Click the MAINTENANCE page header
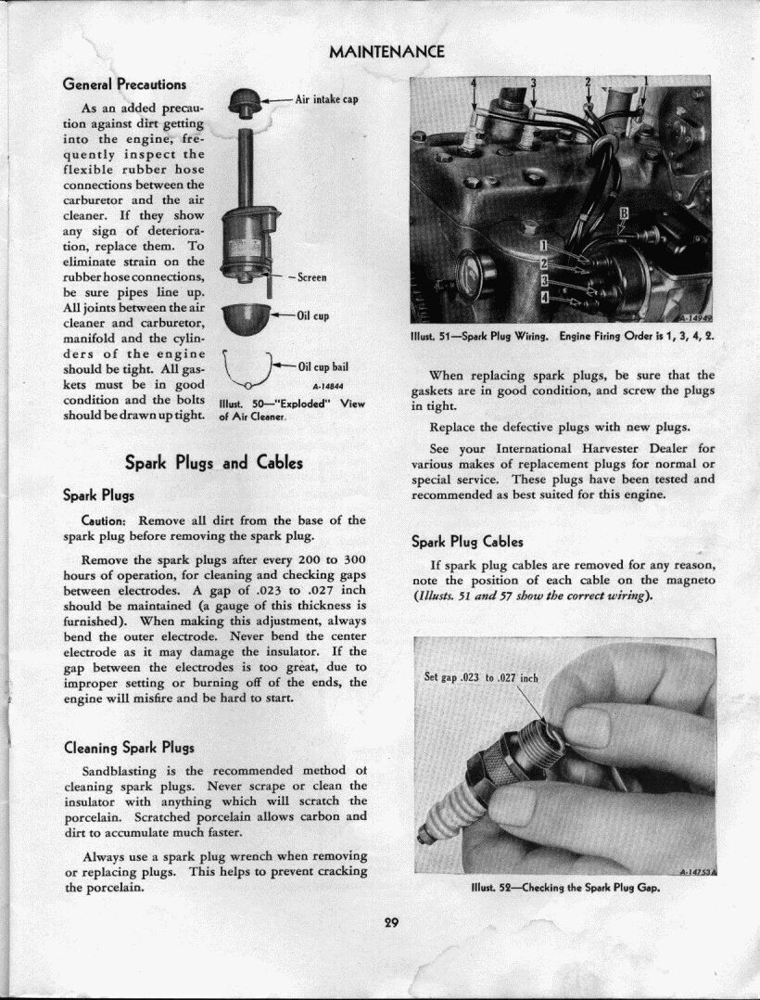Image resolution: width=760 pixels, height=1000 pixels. [x=386, y=51]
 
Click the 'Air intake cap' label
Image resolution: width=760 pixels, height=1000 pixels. [x=326, y=99]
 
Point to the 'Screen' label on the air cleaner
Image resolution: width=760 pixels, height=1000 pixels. [x=311, y=276]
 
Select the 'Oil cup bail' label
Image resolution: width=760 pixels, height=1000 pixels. [x=323, y=366]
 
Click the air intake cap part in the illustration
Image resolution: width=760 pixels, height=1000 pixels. [x=246, y=101]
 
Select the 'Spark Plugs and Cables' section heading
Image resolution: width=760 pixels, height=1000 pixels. [x=213, y=462]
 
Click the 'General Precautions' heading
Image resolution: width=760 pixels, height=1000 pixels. [x=124, y=84]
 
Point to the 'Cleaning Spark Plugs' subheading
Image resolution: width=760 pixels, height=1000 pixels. [x=129, y=747]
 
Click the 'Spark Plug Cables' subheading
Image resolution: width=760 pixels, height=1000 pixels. [x=467, y=542]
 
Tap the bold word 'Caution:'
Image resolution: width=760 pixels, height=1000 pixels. [x=109, y=520]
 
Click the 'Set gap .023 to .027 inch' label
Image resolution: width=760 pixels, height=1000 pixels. [x=480, y=677]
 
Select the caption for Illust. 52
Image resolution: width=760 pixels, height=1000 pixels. [x=564, y=887]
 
